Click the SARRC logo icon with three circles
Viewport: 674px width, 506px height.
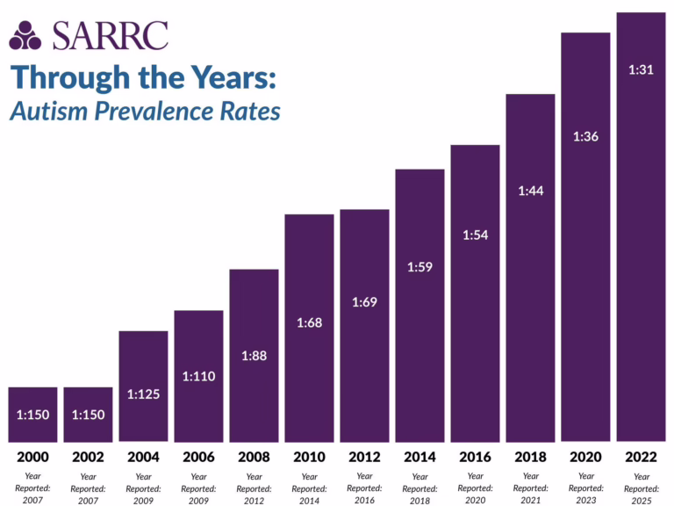[x=25, y=34]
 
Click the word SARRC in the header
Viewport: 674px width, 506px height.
[x=110, y=34]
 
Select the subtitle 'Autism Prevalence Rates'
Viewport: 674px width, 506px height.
[x=145, y=112]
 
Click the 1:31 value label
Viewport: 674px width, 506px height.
[x=641, y=70]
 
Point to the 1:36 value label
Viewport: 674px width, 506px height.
[x=585, y=136]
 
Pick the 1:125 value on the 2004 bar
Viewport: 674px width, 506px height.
[x=143, y=394]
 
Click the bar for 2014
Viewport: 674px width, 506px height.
[x=419, y=304]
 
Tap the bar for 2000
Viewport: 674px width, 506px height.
[x=32, y=414]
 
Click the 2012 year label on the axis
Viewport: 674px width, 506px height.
[x=364, y=458]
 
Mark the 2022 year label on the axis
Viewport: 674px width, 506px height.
[x=641, y=458]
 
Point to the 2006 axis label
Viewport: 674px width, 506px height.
[x=198, y=458]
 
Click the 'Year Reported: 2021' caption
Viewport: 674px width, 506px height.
[x=530, y=488]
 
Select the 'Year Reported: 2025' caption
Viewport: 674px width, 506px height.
[x=641, y=488]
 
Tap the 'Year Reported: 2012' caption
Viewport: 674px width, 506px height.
[x=254, y=488]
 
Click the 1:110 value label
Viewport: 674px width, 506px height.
[x=198, y=376]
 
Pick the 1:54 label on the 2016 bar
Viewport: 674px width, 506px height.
[x=475, y=235]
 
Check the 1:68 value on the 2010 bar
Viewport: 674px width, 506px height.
[x=309, y=322]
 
